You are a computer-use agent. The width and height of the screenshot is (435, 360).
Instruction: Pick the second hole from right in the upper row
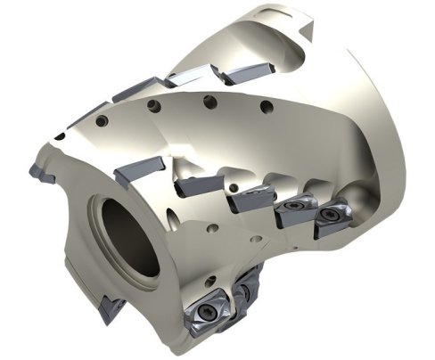[208, 100]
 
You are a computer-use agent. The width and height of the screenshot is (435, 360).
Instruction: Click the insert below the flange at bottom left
[111, 308]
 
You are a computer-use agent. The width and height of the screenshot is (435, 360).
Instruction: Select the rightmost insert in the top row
[242, 73]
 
